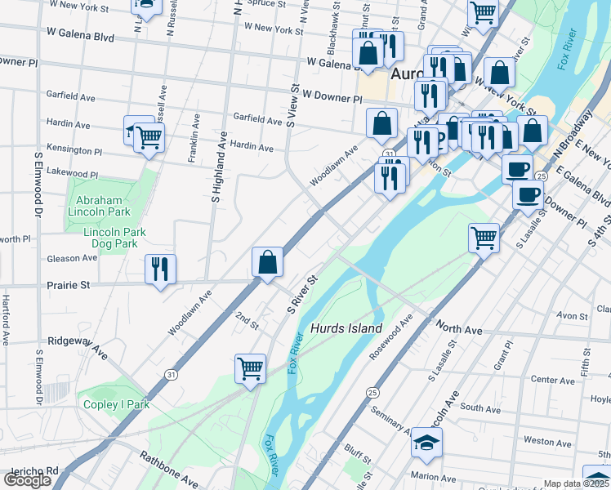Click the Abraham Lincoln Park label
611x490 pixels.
(102, 206)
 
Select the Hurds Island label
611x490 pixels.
(346, 328)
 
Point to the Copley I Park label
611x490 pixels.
(115, 404)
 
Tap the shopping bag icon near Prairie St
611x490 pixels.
(267, 262)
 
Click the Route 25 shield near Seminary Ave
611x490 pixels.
(372, 393)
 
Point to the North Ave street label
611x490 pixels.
(460, 330)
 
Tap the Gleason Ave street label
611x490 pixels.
(73, 258)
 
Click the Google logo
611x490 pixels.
(27, 480)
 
